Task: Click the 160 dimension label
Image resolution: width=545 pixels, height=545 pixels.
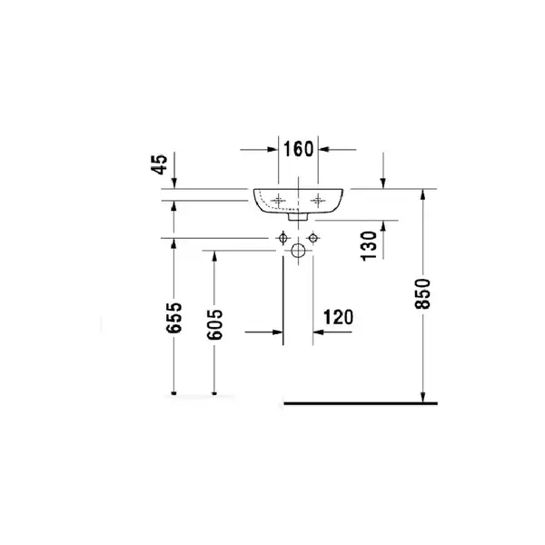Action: pyautogui.click(x=299, y=149)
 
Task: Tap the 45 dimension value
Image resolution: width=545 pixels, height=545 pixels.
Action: pyautogui.click(x=159, y=164)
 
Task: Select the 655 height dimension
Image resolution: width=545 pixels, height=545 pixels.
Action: pyautogui.click(x=174, y=318)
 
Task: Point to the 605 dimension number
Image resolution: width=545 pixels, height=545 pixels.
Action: pyautogui.click(x=214, y=324)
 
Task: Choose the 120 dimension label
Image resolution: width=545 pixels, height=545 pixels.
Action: pyautogui.click(x=338, y=317)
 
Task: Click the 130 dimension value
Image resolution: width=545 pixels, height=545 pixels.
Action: pyautogui.click(x=369, y=246)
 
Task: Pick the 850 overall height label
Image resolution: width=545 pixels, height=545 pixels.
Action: pyautogui.click(x=422, y=293)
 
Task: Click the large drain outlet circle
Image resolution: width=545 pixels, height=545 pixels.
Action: pyautogui.click(x=298, y=251)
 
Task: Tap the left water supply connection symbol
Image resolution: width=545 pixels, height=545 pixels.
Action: pyautogui.click(x=282, y=238)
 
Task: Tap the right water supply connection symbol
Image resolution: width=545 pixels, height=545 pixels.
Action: pyautogui.click(x=313, y=238)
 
